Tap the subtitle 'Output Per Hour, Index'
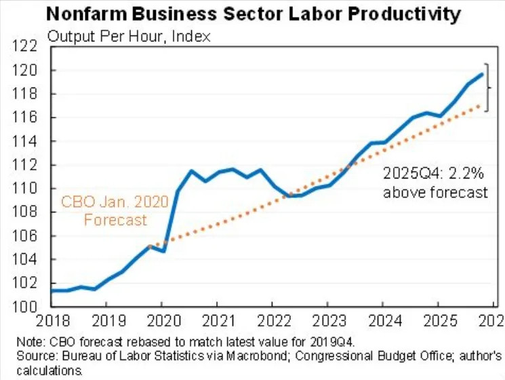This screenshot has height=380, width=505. coord(129,35)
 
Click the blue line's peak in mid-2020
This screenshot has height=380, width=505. coord(191,170)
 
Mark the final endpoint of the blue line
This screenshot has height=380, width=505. coord(482,74)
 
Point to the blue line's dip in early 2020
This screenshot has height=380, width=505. coord(163,251)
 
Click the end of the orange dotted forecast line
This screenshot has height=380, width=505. coord(482,104)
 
